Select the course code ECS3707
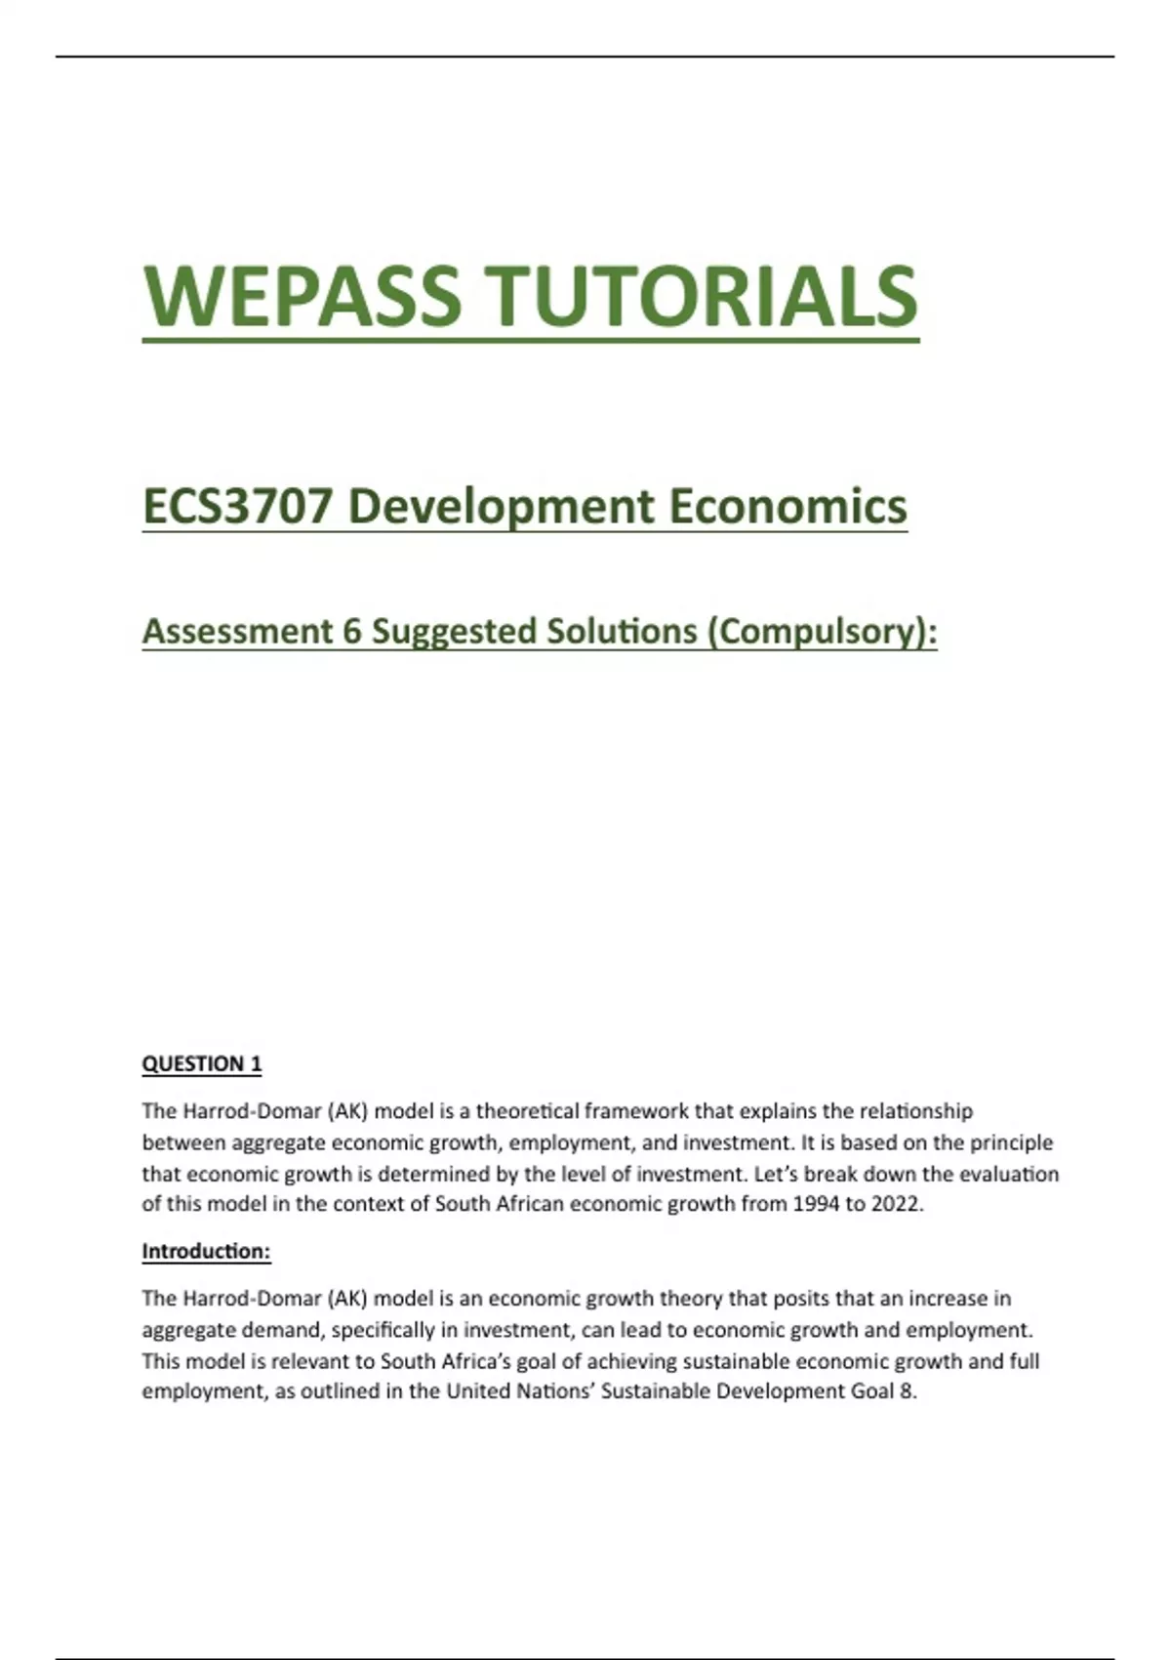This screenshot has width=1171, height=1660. [x=236, y=506]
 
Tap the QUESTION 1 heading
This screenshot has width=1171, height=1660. [x=202, y=1063]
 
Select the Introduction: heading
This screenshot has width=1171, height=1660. [x=206, y=1251]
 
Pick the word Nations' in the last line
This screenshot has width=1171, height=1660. [x=551, y=1391]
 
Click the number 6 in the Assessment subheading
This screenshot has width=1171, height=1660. [x=352, y=631]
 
